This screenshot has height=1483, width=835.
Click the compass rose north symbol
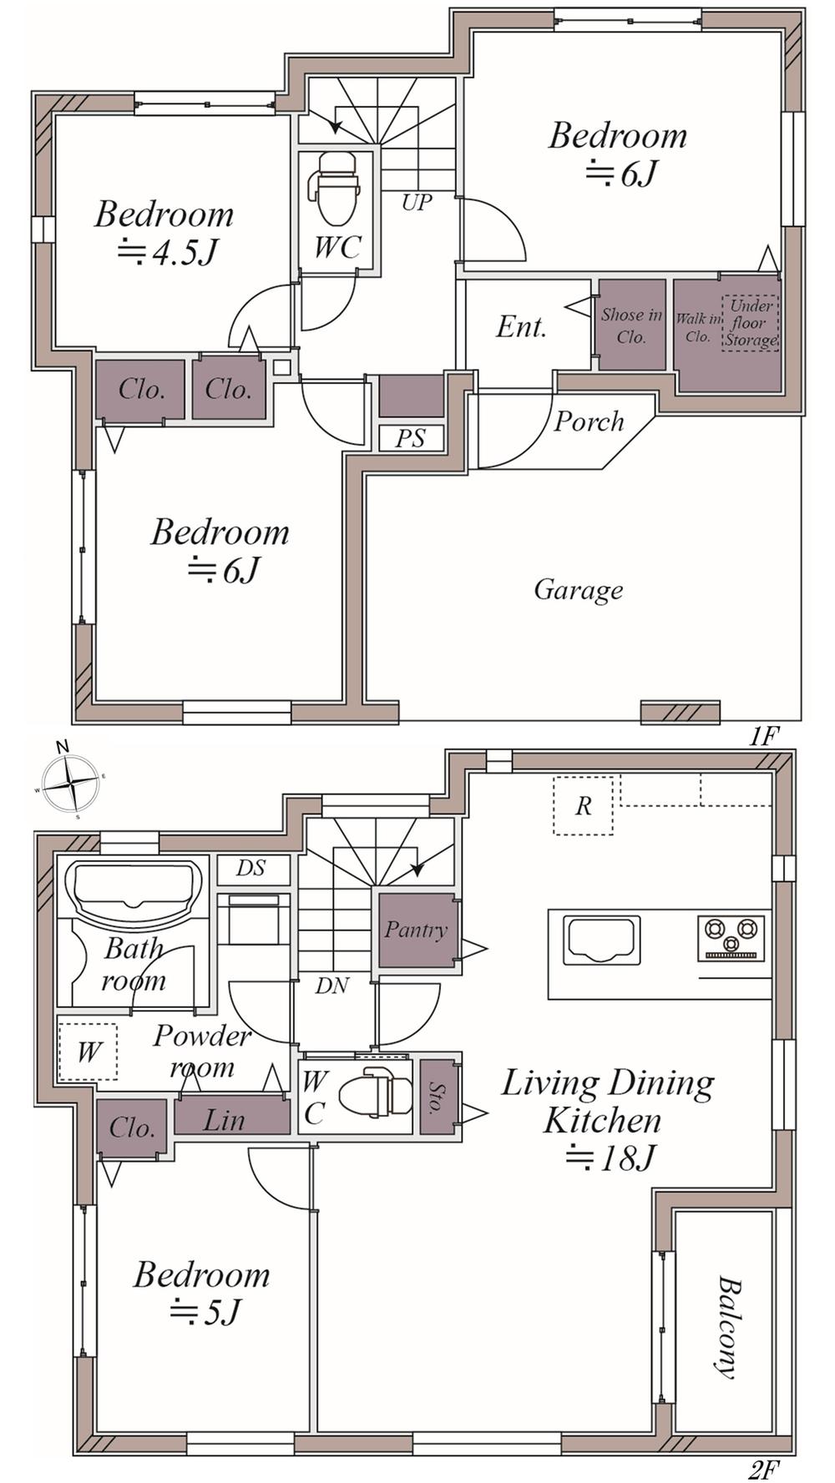pos(71,782)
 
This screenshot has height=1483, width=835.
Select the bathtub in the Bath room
pos(133,890)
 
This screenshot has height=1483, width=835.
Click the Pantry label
pos(416,930)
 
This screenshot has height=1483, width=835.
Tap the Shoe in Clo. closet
pos(632,325)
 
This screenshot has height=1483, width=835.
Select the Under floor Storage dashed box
pos(750,322)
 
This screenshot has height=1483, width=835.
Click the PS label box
pos(410,438)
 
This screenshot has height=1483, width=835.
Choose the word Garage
pos(579,590)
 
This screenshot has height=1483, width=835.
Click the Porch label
pos(589,421)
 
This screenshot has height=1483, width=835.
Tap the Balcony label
pos(729,1327)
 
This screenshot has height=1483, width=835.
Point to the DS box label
pos(251,869)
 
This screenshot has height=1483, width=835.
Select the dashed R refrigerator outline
pos(583,805)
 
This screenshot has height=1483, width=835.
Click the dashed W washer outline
pos(88,1052)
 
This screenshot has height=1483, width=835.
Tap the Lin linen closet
pos(231,1115)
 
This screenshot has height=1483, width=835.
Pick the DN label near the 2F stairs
pos(331,986)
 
